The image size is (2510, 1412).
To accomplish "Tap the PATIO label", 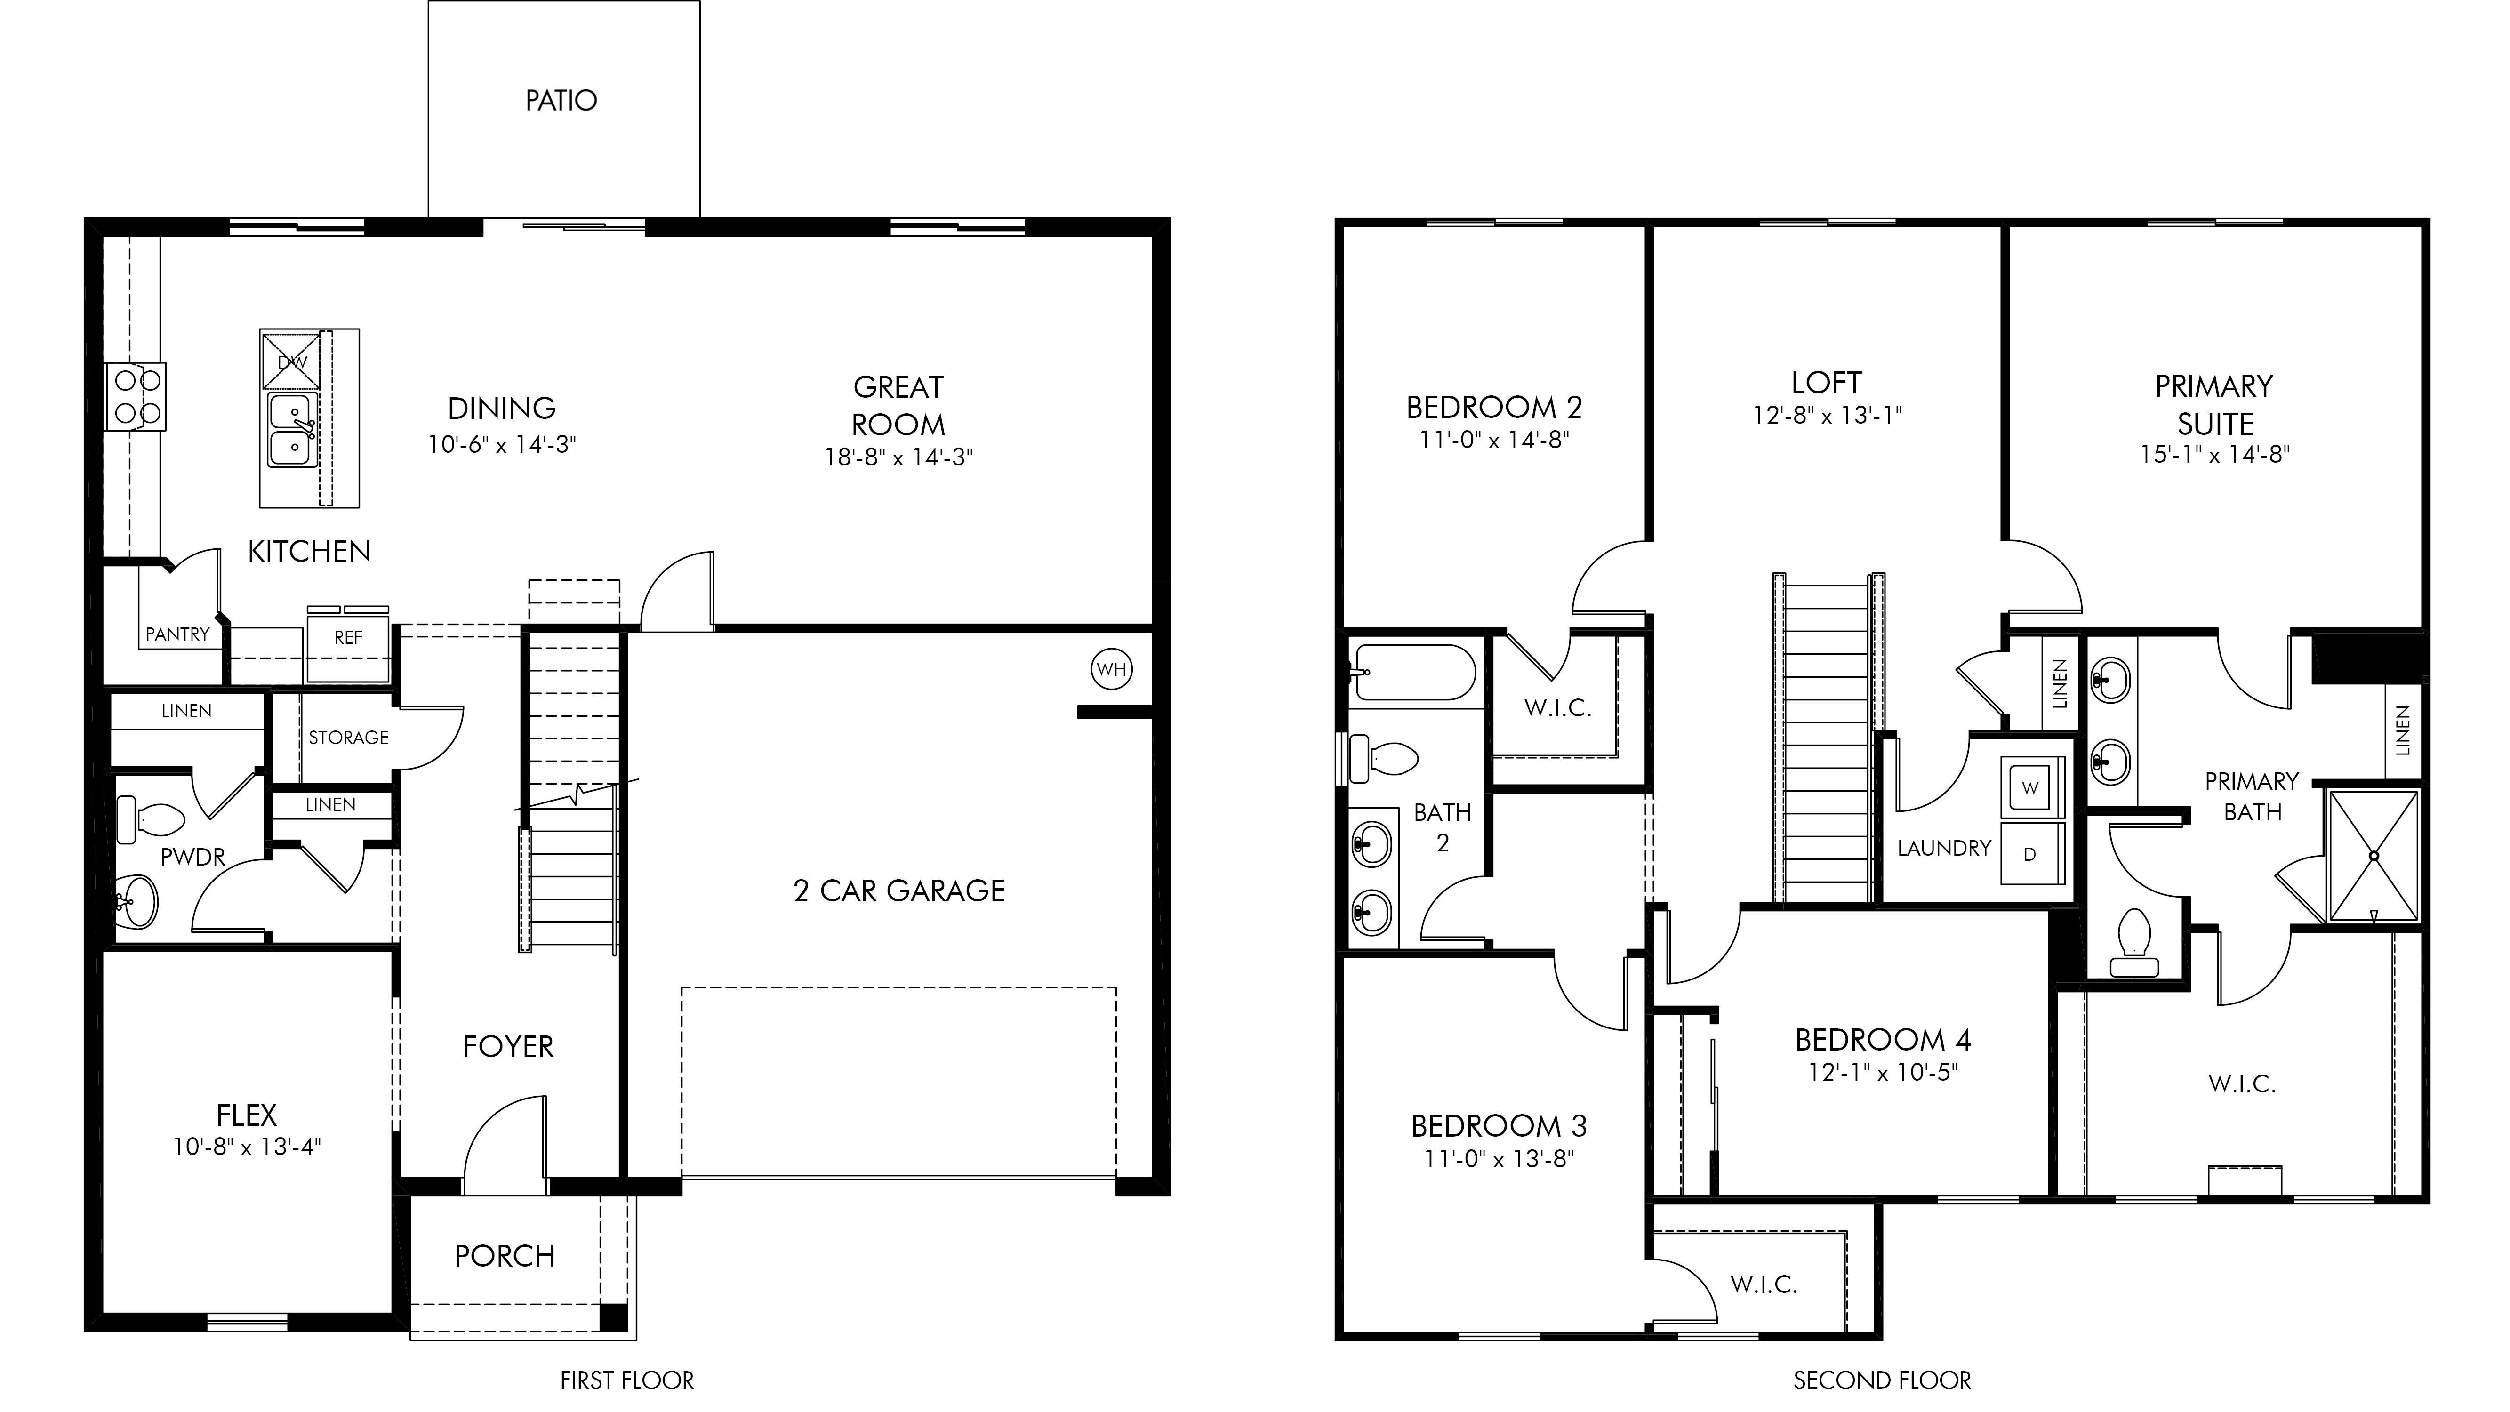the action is coord(561,100).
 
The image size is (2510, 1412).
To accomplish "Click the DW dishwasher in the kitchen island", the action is coord(291,361).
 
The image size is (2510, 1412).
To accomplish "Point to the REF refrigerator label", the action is coord(348,637).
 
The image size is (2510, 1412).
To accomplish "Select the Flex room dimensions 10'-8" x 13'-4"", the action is coord(247,1147).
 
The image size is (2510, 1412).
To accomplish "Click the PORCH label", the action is coord(505,1256).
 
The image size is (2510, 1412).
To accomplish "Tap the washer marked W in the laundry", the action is coord(2030,787).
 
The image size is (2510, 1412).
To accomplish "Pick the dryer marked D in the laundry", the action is coord(2030,854).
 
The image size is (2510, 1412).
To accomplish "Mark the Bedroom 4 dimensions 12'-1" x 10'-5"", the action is coord(1883,1073).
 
